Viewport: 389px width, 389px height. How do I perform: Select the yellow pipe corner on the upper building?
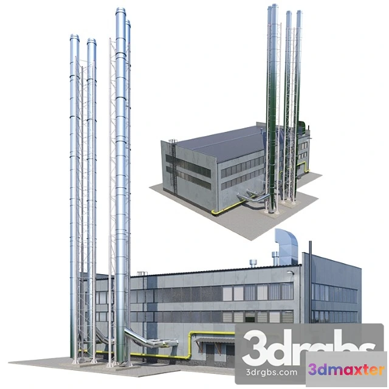(213, 212)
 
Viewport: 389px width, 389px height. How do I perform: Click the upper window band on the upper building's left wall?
(188, 162)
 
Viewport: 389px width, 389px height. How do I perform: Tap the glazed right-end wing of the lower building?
(334, 292)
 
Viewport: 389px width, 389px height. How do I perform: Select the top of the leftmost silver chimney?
(74, 38)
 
